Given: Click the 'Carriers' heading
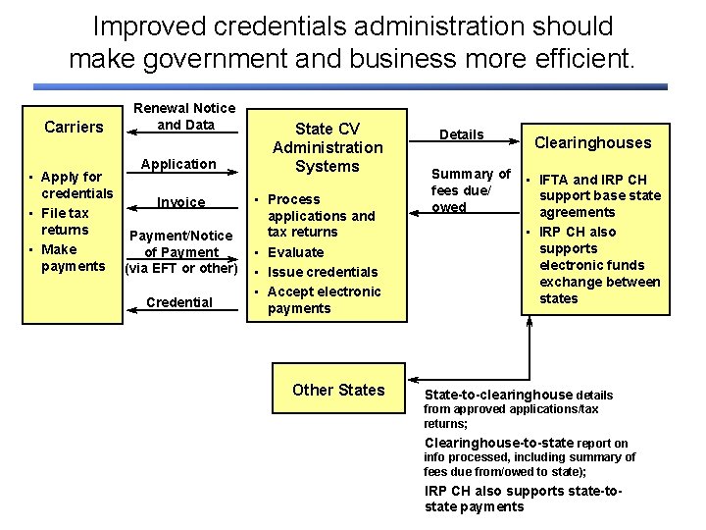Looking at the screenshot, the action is pyautogui.click(x=74, y=127).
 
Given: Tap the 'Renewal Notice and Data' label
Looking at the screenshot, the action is pyautogui.click(x=183, y=116).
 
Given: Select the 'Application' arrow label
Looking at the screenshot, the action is pyautogui.click(x=178, y=164).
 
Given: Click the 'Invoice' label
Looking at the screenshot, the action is pyautogui.click(x=181, y=203).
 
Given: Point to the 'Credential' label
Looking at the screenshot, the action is pyautogui.click(x=178, y=302).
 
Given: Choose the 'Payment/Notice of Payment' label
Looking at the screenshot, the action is pyautogui.click(x=181, y=251).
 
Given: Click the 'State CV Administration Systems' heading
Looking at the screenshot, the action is pyautogui.click(x=328, y=147).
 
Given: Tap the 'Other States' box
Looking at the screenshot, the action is pyautogui.click(x=338, y=390).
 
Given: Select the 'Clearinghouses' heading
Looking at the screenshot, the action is pyautogui.click(x=592, y=142).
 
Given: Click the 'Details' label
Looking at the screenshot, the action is pyautogui.click(x=461, y=134).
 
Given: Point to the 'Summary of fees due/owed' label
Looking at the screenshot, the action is pyautogui.click(x=471, y=190).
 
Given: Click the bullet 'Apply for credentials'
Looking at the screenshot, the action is pyautogui.click(x=76, y=185).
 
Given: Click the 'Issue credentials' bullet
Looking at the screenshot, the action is pyautogui.click(x=322, y=272).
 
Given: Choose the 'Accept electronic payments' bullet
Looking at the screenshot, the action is pyautogui.click(x=324, y=299).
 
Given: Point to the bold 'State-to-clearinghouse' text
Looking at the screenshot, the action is pyautogui.click(x=498, y=395).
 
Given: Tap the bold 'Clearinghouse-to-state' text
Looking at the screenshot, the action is pyautogui.click(x=499, y=443).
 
